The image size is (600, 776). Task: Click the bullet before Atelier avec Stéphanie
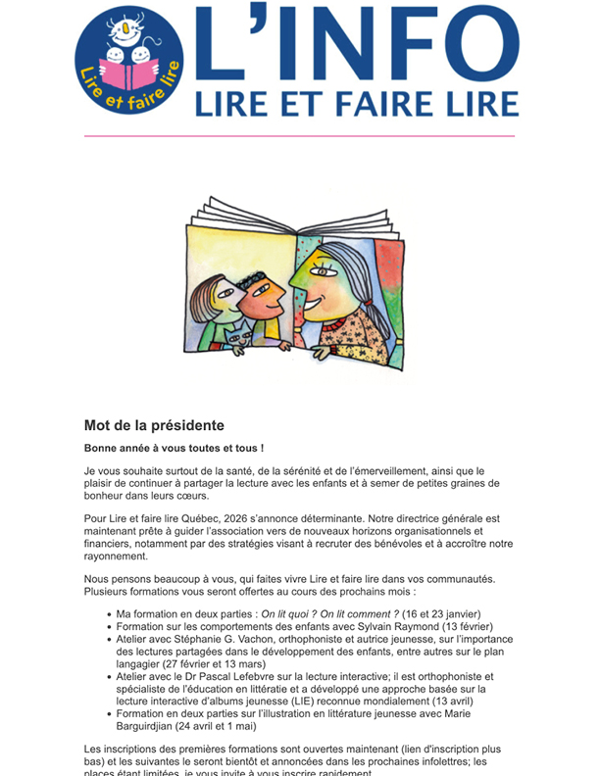[x=107, y=640]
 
